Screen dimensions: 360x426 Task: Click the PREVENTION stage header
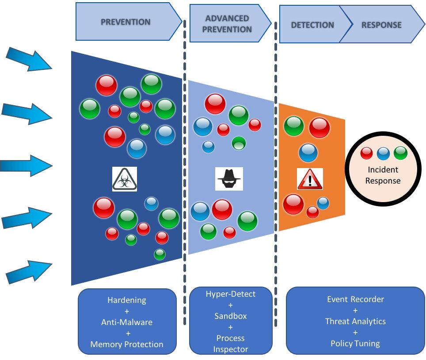[126, 22]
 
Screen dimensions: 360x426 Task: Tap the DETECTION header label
[312, 25]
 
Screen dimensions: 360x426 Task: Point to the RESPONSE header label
[381, 25]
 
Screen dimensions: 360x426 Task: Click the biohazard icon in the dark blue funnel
[125, 179]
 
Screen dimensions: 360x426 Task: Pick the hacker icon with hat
[229, 179]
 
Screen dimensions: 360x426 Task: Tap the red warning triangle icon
[310, 179]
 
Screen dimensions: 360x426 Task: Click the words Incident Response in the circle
[384, 175]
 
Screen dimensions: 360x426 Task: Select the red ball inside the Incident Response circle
[367, 153]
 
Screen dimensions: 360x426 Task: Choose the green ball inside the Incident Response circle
[400, 153]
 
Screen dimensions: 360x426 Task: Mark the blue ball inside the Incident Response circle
[384, 153]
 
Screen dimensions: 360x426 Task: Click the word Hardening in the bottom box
[127, 300]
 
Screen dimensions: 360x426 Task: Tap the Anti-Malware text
[127, 322]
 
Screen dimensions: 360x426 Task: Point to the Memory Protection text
[127, 344]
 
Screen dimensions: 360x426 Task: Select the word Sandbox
[230, 316]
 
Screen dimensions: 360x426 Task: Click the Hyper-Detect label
[230, 294]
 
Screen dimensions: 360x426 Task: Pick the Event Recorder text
[355, 299]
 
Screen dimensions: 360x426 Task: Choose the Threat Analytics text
[355, 322]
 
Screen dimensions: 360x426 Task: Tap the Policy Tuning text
[355, 343]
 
